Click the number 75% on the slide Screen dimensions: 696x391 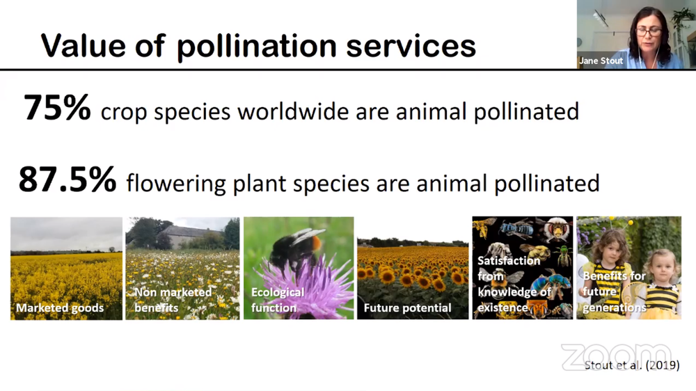(57, 107)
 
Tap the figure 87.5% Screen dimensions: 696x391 (68, 179)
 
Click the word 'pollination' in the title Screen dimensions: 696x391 (257, 46)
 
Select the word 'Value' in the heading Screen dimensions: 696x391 (83, 45)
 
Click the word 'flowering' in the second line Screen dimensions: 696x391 (176, 184)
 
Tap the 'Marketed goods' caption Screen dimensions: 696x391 (60, 308)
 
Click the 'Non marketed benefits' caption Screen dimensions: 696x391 (173, 300)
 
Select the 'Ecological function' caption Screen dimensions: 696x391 (278, 300)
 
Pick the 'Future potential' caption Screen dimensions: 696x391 (407, 308)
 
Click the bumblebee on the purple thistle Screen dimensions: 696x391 (295, 248)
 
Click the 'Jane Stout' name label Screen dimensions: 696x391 (601, 61)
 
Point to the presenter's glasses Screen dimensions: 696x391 (649, 32)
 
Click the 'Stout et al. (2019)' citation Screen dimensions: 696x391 (632, 365)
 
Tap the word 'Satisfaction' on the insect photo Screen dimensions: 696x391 (509, 260)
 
